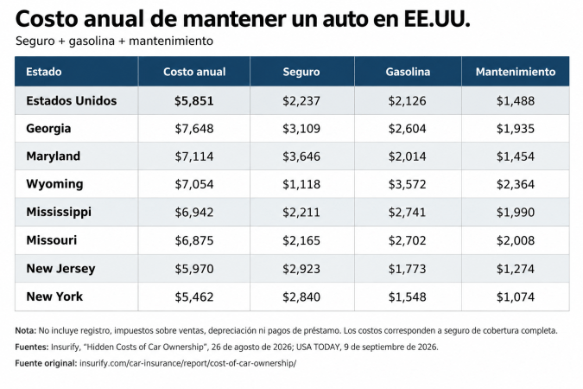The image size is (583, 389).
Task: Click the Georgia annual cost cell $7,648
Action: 194,129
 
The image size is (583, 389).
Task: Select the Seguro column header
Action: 301,72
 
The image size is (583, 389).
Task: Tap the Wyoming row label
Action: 54,184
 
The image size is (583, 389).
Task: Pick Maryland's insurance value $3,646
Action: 301,156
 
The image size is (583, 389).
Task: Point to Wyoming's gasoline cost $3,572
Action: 407,184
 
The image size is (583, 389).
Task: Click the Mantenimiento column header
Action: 516,72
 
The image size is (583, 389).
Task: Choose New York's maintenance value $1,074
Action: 516,297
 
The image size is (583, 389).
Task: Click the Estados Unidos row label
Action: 72,100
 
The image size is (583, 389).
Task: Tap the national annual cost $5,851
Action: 194,100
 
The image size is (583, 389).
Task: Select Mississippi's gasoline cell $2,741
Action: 407,212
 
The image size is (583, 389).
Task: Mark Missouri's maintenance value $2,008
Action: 516,240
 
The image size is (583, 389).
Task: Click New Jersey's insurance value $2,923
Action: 301,268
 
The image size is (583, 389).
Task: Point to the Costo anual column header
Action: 194,72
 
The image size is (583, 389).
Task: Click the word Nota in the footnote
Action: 26,330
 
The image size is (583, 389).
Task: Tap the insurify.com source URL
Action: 187,363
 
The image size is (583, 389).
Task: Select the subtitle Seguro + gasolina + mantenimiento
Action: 114,41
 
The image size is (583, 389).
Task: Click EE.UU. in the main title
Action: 437,19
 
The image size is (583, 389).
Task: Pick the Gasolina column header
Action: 408,72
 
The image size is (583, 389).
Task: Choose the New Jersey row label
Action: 60,268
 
